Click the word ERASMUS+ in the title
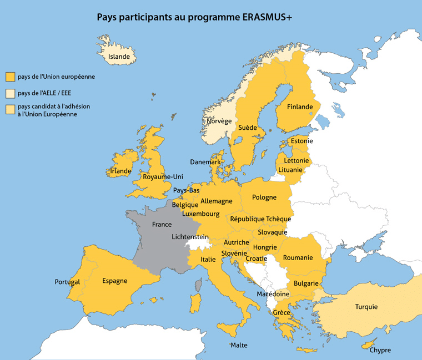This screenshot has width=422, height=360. pos(268,17)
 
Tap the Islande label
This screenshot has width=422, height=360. pos(119,57)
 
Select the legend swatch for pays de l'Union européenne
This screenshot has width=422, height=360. pos(10,77)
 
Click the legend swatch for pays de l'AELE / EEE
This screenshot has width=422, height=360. pos(10,93)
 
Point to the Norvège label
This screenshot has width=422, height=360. pos(219,121)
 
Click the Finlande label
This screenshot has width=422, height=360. pos(300,107)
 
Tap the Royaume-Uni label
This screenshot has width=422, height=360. pos(163,177)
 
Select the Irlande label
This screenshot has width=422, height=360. pos(120,171)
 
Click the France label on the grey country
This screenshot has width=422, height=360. pos(162,225)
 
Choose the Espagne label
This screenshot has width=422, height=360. pos(114,281)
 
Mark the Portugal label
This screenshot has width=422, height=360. pos(67,282)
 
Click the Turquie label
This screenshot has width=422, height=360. pos(366,307)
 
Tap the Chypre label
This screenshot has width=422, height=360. pos(380,350)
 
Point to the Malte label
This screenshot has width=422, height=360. pos(239,345)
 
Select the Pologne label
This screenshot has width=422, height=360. pos(264,197)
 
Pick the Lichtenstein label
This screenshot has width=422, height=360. pos(190,237)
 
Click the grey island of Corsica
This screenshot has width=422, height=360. pos(198,285)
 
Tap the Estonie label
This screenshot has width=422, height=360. pos(302,141)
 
